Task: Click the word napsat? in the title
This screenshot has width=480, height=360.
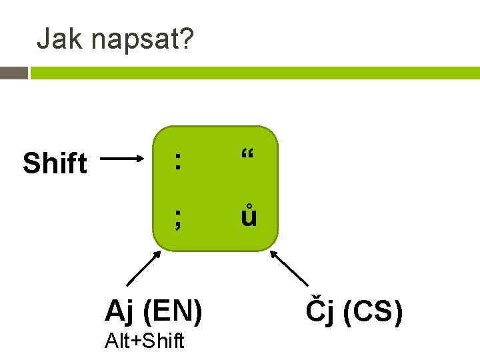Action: click(141, 40)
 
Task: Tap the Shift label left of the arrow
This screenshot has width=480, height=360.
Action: click(55, 163)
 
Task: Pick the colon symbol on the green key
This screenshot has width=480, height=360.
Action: click(177, 160)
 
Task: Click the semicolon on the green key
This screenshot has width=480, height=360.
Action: click(177, 217)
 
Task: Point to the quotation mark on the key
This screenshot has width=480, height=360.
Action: click(248, 157)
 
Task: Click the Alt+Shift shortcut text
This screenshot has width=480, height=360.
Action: click(144, 341)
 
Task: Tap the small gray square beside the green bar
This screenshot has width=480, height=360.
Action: click(14, 73)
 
